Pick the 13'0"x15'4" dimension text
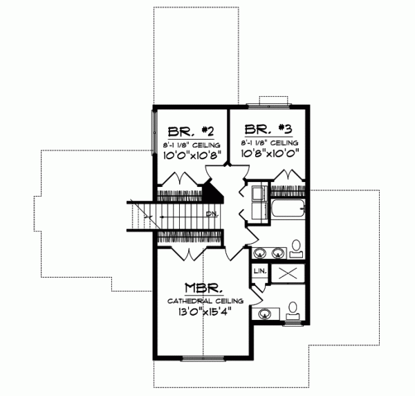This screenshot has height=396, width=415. pyautogui.click(x=203, y=313)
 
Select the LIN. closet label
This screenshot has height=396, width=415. pyautogui.click(x=260, y=271)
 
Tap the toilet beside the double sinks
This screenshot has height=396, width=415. pyautogui.click(x=294, y=248)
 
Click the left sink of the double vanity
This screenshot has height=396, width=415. pyautogui.click(x=262, y=252)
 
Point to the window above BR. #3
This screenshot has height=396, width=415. pyautogui.click(x=274, y=105)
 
